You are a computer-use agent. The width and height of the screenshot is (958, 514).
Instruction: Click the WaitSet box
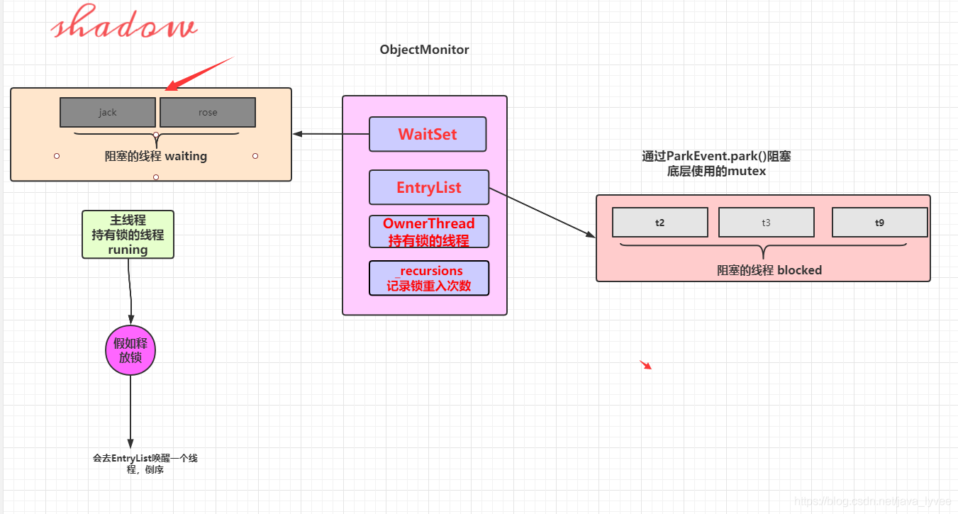pos(428,134)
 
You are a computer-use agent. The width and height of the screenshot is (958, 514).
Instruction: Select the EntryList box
pos(429,187)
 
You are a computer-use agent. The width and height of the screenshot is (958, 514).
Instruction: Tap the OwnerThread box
pos(429,232)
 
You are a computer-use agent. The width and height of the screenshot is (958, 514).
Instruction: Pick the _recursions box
pos(429,278)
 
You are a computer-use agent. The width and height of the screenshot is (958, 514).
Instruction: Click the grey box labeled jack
pos(108,112)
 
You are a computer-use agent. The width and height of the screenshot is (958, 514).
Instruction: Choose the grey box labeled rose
pos(208,112)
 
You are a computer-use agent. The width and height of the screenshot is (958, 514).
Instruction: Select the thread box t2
pos(660,223)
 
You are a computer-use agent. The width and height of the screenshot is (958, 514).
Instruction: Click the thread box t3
pos(766,223)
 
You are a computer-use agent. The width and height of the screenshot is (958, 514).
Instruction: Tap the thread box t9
pos(879,223)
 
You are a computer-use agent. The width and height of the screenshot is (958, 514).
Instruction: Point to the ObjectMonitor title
pos(424,50)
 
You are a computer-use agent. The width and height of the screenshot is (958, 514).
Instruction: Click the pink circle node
pos(130,350)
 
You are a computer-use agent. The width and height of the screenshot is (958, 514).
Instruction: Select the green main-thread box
pos(128,235)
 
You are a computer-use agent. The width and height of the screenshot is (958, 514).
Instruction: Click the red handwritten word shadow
pos(124,22)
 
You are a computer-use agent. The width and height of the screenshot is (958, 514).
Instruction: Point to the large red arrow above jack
pos(199,73)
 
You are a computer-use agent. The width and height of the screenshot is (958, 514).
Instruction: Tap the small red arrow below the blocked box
pos(646,364)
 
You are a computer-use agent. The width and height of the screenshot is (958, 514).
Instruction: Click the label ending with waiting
pos(156,156)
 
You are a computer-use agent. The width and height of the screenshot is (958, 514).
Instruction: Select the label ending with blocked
pos(769,270)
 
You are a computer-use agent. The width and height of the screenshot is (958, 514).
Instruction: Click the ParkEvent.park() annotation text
pos(716,163)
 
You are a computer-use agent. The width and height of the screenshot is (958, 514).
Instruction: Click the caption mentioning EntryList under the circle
pos(145,464)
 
